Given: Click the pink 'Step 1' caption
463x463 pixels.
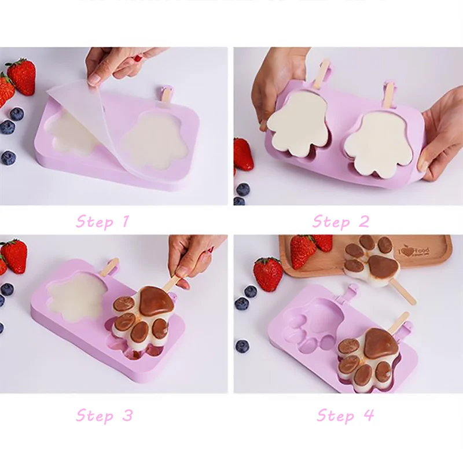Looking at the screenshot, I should coord(103,221).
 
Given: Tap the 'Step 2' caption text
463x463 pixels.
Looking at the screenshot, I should coord(341,221).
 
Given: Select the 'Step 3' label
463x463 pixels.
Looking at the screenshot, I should coord(104,415).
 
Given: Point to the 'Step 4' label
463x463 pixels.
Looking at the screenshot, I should coord(345,415).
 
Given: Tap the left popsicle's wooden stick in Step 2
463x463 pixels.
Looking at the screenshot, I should coord(325,69).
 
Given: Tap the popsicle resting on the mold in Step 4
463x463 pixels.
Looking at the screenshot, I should coord(368,353).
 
